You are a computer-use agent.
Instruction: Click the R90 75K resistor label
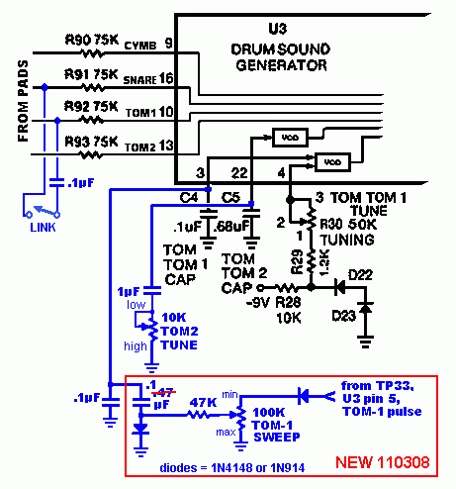click(92, 40)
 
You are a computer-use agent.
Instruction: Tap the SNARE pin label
click(139, 80)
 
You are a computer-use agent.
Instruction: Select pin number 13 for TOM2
click(166, 146)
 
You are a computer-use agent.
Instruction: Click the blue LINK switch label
click(43, 228)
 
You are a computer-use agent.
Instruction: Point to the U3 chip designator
click(278, 29)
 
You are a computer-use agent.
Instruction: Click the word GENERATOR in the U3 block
click(281, 65)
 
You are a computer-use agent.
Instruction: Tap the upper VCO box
click(290, 138)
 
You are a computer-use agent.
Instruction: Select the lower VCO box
click(332, 162)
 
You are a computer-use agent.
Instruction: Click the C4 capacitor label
click(189, 197)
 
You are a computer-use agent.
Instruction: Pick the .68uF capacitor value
click(231, 227)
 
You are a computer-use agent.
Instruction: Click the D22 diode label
click(360, 274)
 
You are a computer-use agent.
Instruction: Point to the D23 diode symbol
click(365, 308)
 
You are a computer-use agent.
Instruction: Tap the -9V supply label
click(258, 302)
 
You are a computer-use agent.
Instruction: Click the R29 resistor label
click(297, 262)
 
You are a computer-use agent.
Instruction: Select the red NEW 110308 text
click(383, 462)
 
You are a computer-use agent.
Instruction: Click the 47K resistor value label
click(203, 403)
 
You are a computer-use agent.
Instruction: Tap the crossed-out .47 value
click(163, 393)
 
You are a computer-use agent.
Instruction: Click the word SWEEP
click(277, 438)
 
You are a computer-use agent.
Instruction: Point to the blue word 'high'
click(136, 346)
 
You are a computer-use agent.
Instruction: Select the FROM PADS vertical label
click(23, 101)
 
